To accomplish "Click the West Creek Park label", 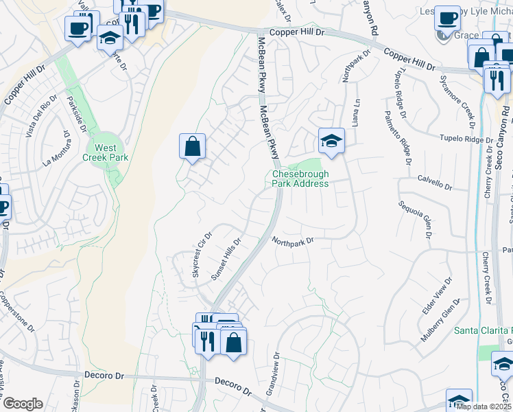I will coord(105,152).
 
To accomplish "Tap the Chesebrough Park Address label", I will coord(300,179).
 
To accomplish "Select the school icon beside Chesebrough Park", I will coord(331,142).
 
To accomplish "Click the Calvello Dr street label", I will coord(435,183).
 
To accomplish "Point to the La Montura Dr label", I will coord(57,153).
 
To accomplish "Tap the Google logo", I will coord(23,404).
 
